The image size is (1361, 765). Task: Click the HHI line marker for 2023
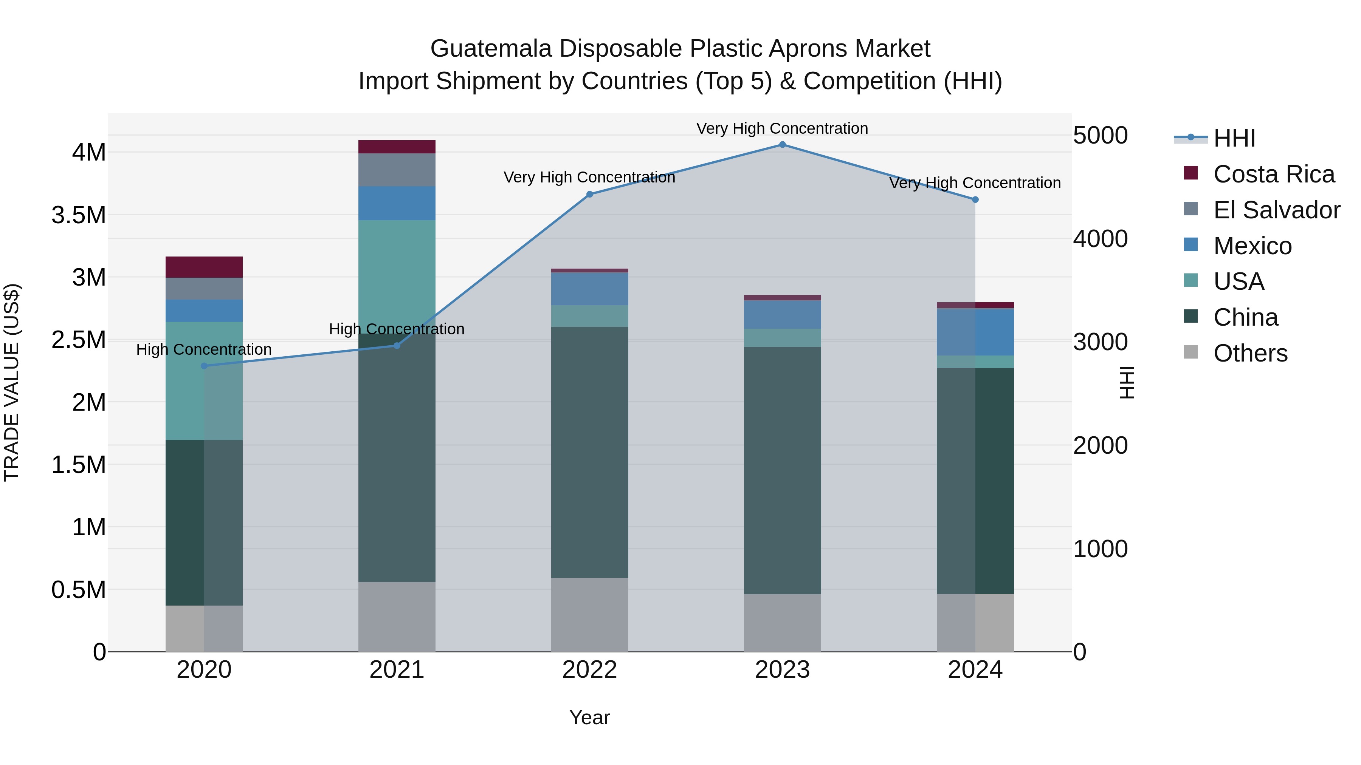point(783,145)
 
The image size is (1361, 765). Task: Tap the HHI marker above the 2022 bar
point(590,194)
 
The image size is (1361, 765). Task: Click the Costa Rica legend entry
point(1274,174)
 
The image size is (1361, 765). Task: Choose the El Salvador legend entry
point(1276,210)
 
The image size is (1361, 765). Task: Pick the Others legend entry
point(1250,353)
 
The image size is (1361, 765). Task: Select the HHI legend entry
point(1234,138)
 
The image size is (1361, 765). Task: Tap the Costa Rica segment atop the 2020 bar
point(204,267)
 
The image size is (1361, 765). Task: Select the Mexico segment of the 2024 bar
point(975,332)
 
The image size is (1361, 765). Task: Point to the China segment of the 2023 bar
point(783,470)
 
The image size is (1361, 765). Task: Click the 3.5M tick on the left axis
point(78,215)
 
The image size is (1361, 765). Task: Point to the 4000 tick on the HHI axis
point(1100,239)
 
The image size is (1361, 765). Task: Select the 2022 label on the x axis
point(590,670)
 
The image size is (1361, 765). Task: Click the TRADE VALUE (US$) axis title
point(12,382)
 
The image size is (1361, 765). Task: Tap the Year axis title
point(590,717)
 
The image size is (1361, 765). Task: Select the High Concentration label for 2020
point(204,349)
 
